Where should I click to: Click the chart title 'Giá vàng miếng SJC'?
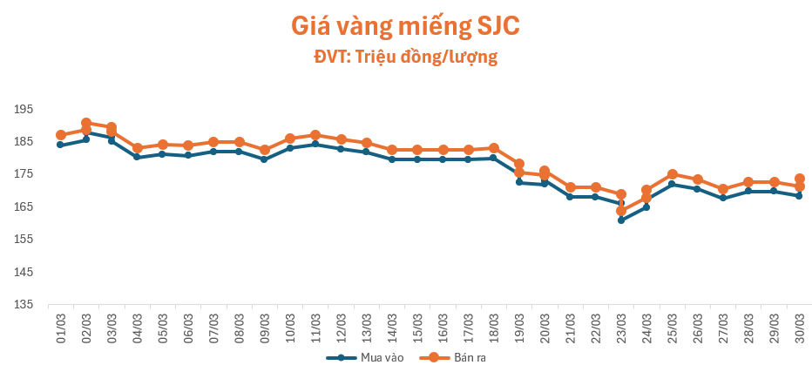click(x=405, y=26)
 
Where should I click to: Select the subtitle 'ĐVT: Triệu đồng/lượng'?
click(x=405, y=57)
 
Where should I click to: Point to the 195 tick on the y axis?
click(x=23, y=109)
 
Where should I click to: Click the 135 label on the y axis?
click(x=23, y=304)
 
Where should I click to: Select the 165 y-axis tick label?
click(x=23, y=206)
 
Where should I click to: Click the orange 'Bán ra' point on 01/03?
click(x=61, y=135)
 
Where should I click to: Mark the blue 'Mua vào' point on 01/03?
click(x=61, y=145)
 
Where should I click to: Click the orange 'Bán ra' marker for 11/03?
click(x=315, y=135)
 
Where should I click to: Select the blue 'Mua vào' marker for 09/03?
click(x=264, y=159)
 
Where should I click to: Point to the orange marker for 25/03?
click(x=672, y=174)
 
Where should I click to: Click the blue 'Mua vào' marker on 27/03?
click(x=723, y=198)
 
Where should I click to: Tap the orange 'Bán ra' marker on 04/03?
click(x=137, y=148)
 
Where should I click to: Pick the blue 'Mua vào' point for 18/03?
click(x=493, y=158)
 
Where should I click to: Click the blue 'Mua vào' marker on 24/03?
click(x=646, y=207)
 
